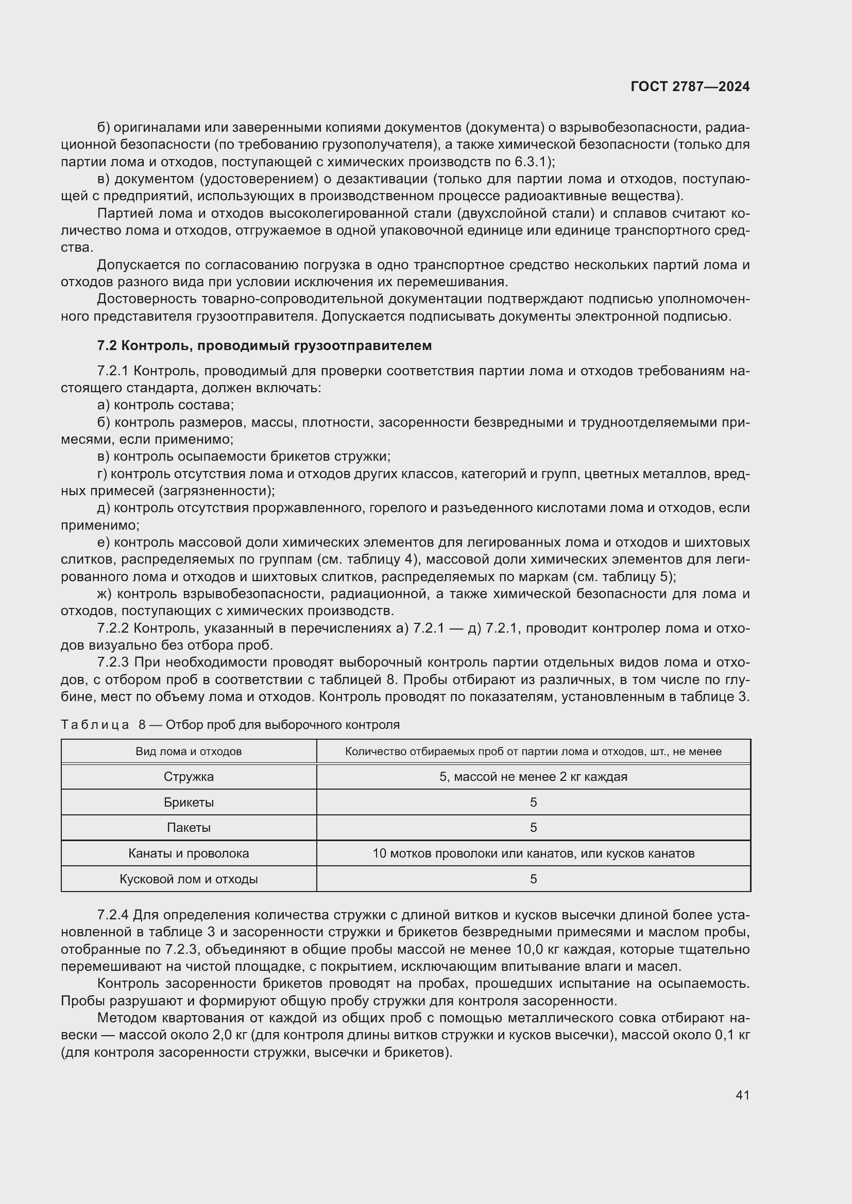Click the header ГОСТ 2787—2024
coord(690,86)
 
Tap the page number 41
coord(742,1095)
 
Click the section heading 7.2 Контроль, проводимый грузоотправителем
coord(264,345)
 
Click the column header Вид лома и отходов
coord(189,752)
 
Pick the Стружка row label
coord(189,777)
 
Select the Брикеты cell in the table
coord(189,802)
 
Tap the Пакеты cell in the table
coord(189,828)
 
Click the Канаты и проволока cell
coord(189,853)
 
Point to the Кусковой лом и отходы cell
coord(189,879)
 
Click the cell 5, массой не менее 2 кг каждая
coord(533,777)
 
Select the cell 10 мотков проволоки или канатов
coord(533,853)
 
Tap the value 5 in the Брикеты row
coord(533,802)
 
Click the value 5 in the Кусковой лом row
coord(533,879)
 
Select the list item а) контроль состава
coord(165,405)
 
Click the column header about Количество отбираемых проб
coord(533,752)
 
